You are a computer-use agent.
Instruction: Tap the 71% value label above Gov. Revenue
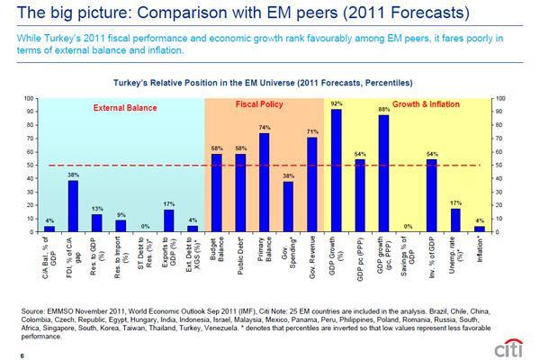click(311, 130)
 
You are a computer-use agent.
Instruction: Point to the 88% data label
click(383, 109)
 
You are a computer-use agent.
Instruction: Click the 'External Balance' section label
click(126, 108)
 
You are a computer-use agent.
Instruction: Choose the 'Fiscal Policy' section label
click(260, 105)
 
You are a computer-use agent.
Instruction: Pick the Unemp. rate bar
click(455, 220)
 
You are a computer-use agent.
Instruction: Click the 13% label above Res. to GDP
click(96, 209)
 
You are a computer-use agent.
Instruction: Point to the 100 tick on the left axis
click(29, 97)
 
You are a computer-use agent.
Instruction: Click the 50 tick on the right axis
click(499, 165)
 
